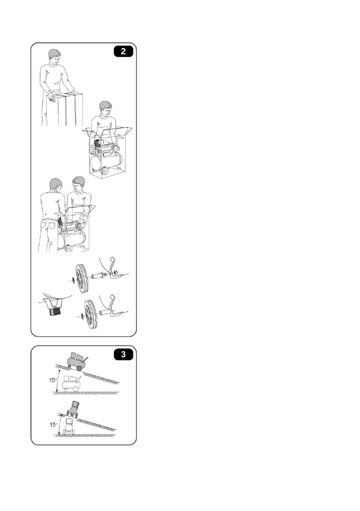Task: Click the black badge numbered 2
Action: pos(123,51)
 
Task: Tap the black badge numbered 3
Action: pos(123,354)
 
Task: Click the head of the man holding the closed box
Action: pos(54,57)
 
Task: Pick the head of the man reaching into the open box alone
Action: pos(106,109)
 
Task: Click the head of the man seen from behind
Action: pos(56,186)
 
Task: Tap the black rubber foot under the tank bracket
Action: pos(55,311)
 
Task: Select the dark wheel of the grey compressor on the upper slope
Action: pos(79,368)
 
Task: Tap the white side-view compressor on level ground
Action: pos(72,384)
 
